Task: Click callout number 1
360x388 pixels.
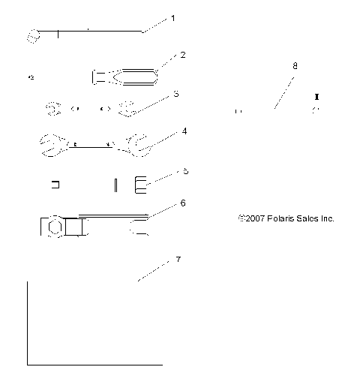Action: tap(173, 17)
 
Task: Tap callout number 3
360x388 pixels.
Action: tap(175, 94)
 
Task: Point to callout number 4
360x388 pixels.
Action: tap(184, 131)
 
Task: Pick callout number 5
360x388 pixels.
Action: tap(185, 170)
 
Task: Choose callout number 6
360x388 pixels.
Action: tap(182, 203)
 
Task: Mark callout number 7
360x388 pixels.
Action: tap(178, 259)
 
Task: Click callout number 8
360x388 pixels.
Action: tap(294, 66)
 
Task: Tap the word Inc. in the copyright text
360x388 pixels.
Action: tap(326, 218)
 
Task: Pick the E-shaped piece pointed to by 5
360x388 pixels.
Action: tap(141, 184)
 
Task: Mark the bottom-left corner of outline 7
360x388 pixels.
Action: tap(28, 364)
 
